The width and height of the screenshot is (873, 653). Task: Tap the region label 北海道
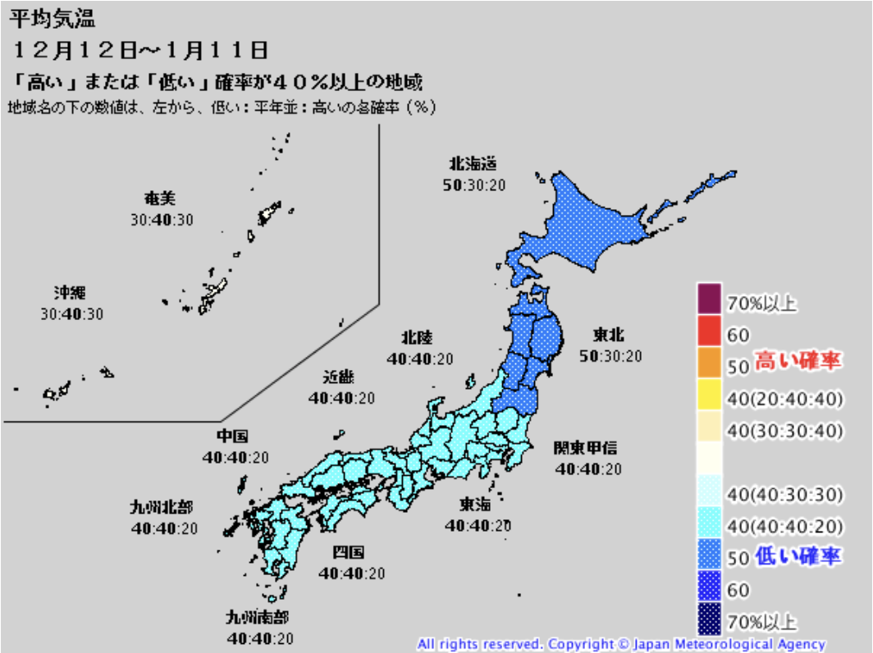[473, 163]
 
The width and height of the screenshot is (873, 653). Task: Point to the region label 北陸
[417, 337]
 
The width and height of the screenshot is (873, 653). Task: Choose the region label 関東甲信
[585, 448]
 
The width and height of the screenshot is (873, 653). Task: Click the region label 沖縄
[71, 293]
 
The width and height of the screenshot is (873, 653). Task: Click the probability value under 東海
[478, 525]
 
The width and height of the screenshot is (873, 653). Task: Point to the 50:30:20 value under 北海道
[474, 185]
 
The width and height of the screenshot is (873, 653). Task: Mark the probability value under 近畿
[341, 399]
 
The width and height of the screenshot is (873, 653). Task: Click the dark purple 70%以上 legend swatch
[710, 298]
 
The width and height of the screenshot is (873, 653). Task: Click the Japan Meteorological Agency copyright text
[621, 644]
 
